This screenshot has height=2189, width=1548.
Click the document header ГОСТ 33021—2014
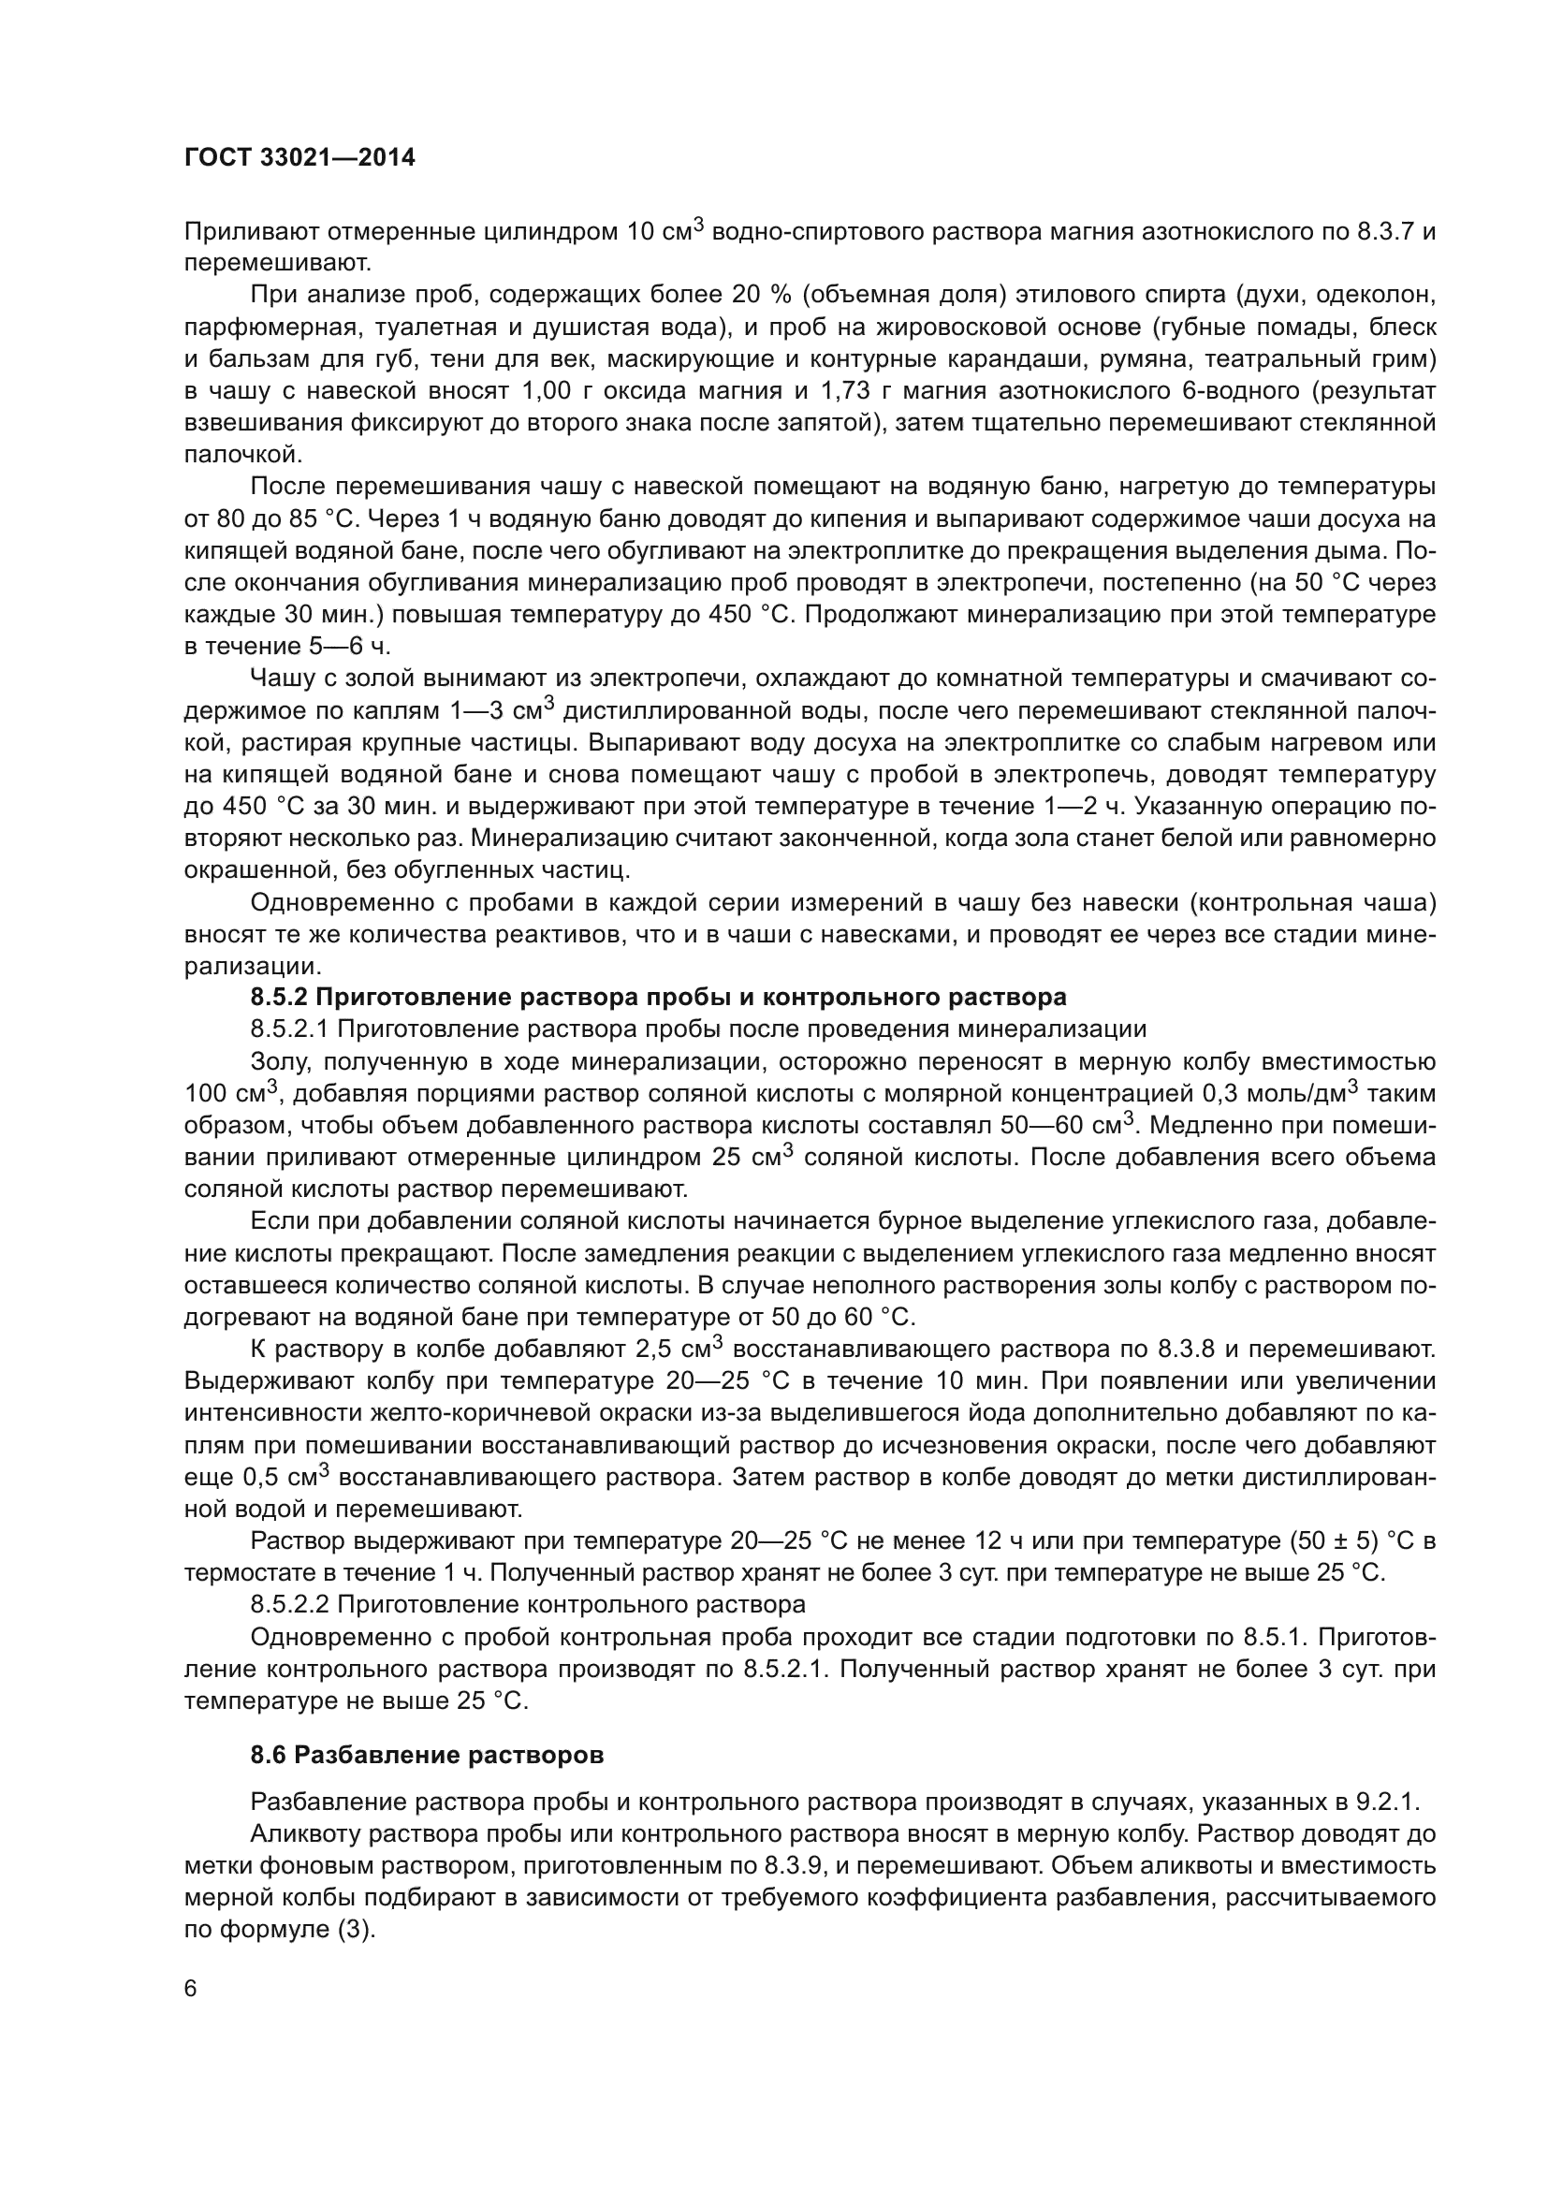(x=299, y=157)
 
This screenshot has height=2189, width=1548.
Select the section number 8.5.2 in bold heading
(x=278, y=998)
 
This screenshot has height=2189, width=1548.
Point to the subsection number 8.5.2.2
(x=290, y=1604)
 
